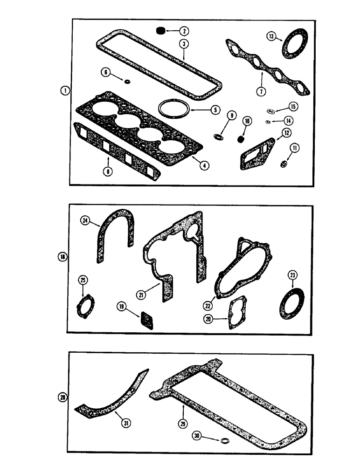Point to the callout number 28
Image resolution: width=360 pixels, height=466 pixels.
click(63, 397)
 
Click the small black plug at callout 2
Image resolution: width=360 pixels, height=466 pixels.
click(160, 31)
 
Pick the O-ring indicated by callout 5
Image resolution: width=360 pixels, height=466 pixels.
click(173, 109)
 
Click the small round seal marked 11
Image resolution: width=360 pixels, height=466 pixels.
click(283, 164)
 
